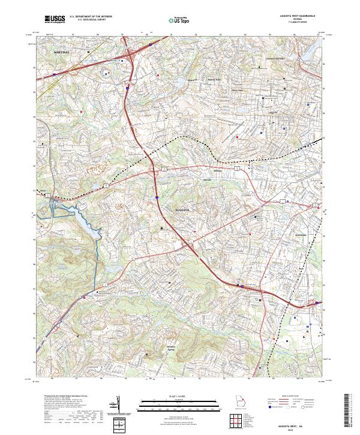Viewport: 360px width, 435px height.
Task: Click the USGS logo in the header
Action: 55,20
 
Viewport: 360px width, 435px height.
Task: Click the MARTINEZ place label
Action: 62,53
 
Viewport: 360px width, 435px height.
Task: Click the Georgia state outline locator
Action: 241,402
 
